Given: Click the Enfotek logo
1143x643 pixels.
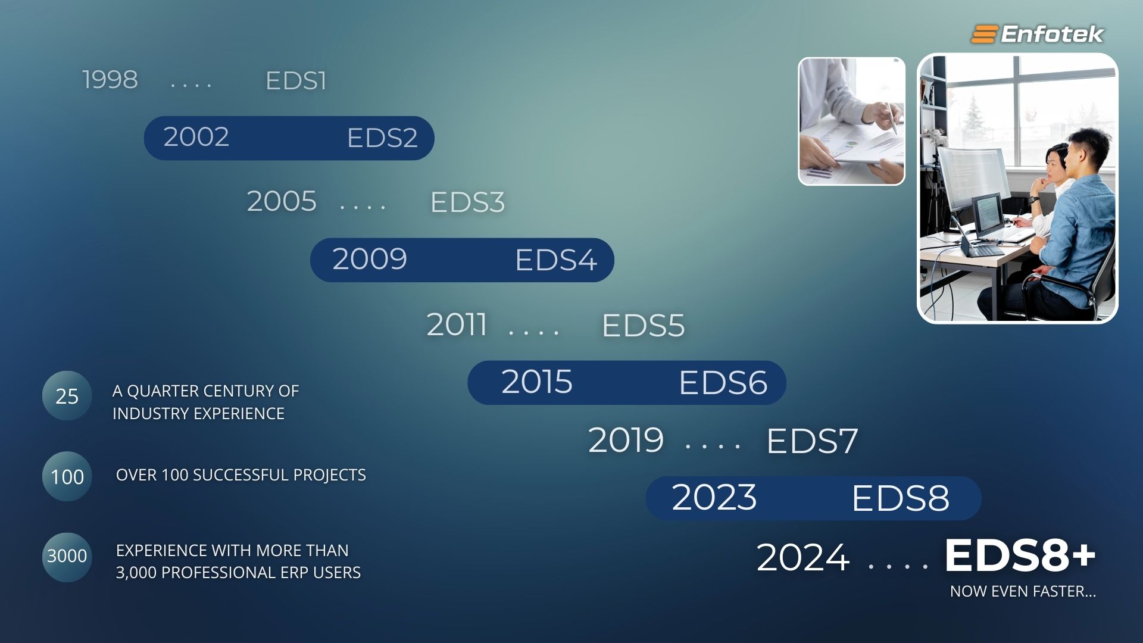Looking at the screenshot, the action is (x=1037, y=34).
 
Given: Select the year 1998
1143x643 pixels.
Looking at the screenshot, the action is (x=110, y=80).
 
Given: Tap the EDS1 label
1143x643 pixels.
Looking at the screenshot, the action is (x=296, y=81).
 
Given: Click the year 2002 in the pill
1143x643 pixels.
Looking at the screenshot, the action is (x=196, y=137).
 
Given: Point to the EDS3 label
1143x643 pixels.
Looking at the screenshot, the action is (x=467, y=202).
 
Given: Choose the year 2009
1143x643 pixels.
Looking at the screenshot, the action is (x=370, y=259).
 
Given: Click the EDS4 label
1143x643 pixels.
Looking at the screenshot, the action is (x=556, y=260).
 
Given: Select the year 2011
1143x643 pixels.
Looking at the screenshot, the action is (x=457, y=325).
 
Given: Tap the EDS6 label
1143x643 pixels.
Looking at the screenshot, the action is (x=723, y=383).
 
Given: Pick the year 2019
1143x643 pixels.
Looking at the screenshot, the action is (x=626, y=441).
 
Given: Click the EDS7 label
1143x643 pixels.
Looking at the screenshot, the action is (x=813, y=441).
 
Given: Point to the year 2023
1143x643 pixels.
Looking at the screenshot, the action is (x=714, y=497).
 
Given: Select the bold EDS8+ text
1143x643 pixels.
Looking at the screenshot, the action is (x=1020, y=555).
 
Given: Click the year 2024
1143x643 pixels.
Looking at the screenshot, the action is (x=803, y=558).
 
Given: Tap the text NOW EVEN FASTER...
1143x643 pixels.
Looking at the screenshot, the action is (x=1023, y=591).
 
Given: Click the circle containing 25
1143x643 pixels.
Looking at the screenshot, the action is (x=67, y=396).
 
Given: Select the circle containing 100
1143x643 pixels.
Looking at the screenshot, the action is (x=67, y=476).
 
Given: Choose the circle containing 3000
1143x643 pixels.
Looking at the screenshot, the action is (x=67, y=557).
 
